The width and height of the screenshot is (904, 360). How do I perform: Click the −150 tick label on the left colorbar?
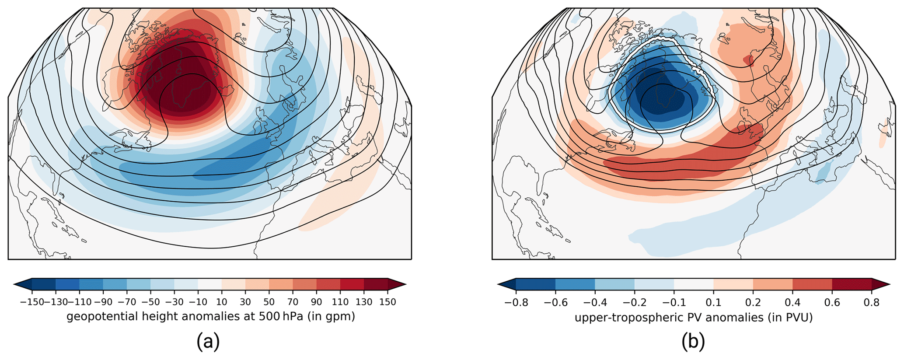pos(31,302)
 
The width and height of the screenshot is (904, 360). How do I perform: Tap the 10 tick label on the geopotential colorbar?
pos(222,302)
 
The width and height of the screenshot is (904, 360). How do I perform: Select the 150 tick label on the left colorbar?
pos(387,302)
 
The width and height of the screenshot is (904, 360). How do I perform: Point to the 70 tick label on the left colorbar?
pos(293,302)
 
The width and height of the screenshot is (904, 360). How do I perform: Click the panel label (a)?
pos(208,342)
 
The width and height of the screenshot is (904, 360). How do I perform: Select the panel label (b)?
pos(693,342)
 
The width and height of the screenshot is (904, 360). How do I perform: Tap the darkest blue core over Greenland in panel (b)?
pos(660,103)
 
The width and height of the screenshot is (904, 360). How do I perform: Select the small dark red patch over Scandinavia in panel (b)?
pos(749,60)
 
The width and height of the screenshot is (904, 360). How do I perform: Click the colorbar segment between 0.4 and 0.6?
pos(813,284)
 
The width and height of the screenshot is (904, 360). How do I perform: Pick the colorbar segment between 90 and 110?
pos(328,284)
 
